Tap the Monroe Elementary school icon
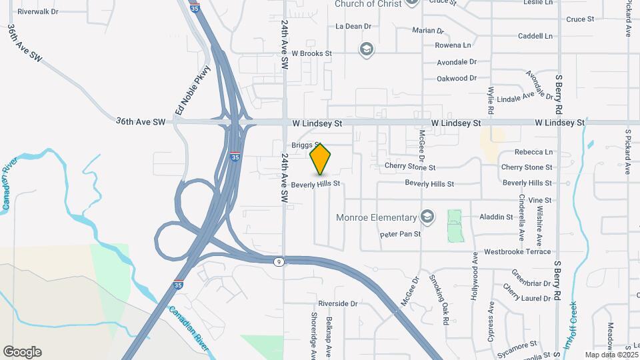click(427, 217)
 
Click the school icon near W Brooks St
click(365, 49)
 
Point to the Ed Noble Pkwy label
click(192, 90)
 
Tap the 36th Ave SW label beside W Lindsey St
click(140, 121)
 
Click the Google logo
click(22, 352)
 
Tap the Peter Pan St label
click(400, 234)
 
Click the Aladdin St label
click(496, 217)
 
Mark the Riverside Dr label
click(337, 303)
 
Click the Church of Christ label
click(368, 4)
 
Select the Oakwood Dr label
click(456, 78)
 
